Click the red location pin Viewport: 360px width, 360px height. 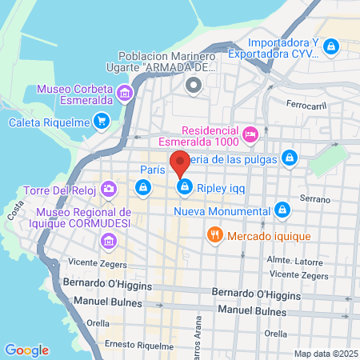[180, 162]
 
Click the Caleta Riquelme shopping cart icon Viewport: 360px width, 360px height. [101, 122]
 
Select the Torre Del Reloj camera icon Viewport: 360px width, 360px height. [108, 190]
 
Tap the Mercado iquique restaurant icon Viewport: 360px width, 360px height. [214, 235]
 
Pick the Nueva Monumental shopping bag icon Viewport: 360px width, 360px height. [281, 210]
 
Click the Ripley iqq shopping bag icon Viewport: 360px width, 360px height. [185, 186]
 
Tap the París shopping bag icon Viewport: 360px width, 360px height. [142, 187]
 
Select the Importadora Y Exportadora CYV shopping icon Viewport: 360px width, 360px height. [330, 49]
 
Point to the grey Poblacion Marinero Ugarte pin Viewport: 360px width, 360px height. [191, 86]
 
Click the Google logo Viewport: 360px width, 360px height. [26, 350]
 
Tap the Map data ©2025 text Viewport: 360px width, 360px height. [325, 353]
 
